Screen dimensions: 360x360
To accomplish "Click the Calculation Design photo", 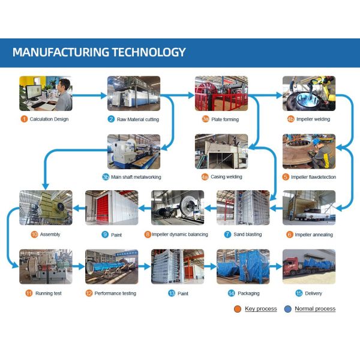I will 46,94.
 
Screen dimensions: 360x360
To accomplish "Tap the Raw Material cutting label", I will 137,119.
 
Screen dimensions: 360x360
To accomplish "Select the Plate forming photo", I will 221,94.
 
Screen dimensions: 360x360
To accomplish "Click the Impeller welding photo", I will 309,94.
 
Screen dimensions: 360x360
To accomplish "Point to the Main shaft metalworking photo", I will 134,152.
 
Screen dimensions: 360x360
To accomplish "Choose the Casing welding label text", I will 225,177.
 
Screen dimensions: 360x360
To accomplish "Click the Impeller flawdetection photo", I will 309,152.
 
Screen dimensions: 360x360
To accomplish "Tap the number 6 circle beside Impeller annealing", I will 289,235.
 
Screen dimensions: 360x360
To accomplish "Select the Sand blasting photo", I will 243,208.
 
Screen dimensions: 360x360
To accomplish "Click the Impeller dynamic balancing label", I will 177,235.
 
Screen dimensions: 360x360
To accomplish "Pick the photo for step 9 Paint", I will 112,208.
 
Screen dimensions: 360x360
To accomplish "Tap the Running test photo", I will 46,266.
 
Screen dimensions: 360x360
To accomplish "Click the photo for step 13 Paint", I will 177,266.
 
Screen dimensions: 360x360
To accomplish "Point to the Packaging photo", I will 243,266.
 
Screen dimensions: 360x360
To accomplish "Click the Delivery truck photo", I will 309,266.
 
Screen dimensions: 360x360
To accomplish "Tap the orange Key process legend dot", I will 238,309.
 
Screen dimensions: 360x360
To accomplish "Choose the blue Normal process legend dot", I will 288,309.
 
